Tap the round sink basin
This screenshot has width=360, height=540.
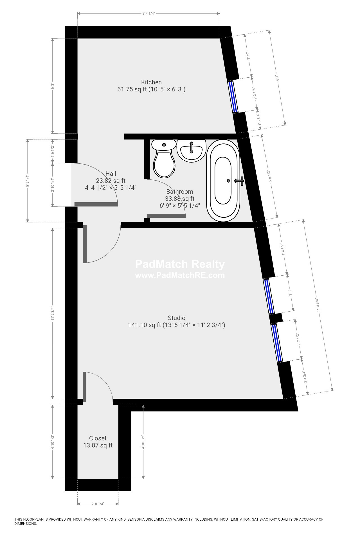point(191,151)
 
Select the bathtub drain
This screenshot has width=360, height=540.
point(228,181)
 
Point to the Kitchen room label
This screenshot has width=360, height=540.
point(151,82)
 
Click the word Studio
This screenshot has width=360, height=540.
point(176,318)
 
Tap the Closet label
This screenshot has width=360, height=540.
point(98,438)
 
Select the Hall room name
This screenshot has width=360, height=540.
point(111,174)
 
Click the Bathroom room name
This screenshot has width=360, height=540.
point(179,192)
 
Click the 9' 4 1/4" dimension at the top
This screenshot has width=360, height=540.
point(149,13)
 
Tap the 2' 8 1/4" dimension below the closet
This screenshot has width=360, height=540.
point(98,504)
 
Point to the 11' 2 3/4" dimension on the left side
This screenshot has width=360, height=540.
point(52,313)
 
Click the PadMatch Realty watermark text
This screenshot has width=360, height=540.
point(180,264)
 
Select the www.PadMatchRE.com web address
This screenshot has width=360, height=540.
point(180,275)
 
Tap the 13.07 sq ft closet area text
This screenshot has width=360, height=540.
point(98,445)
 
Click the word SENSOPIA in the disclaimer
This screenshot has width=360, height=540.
point(137,519)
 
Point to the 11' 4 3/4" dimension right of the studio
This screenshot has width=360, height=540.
point(318,305)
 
